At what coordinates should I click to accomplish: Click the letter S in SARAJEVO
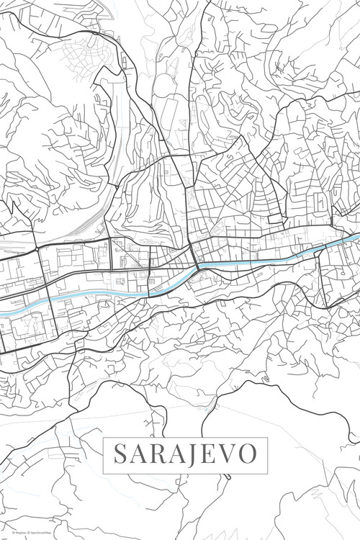pos(119,454)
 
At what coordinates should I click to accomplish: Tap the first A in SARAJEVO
pos(136,454)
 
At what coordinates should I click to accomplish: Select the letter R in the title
pos(155,454)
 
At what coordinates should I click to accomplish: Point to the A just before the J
pos(174,454)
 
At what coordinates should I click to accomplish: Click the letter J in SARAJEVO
pos(189,454)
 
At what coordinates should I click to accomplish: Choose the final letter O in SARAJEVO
pos(243,454)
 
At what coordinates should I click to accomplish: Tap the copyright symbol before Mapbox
pos(4,534)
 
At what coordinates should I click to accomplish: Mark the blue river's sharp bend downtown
pos(196,270)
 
